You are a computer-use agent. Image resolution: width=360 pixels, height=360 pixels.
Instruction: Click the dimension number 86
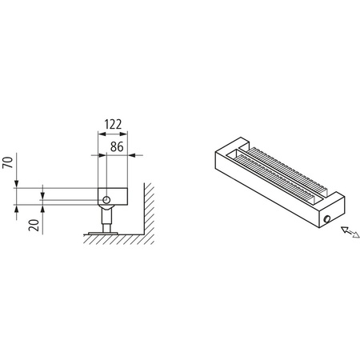coord(116,146)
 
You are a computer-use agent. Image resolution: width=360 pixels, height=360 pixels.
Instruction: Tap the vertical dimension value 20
coord(34,223)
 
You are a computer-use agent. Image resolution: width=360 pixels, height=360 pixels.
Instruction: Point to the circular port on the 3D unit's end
coord(327,220)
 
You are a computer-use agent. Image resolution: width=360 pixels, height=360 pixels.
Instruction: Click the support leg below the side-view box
coord(104,217)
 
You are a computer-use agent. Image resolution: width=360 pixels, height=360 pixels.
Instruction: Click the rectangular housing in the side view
coord(116,195)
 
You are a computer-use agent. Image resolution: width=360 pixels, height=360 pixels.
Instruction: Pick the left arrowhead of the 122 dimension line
coord(99,135)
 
